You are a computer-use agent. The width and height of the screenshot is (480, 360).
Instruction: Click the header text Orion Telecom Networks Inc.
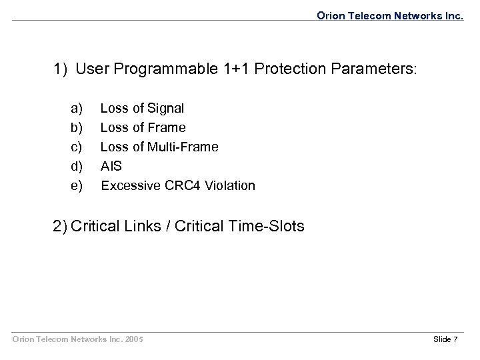pyautogui.click(x=389, y=13)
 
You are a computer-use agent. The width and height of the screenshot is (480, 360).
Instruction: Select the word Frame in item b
pyautogui.click(x=166, y=127)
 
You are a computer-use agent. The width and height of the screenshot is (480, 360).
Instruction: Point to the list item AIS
pyautogui.click(x=110, y=165)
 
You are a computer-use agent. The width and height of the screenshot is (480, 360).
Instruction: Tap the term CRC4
pyautogui.click(x=181, y=185)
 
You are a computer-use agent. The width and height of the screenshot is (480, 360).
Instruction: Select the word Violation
pyautogui.click(x=230, y=185)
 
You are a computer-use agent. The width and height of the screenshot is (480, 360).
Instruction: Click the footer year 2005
pyautogui.click(x=132, y=340)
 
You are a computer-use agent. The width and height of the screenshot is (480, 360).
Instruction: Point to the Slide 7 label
pyautogui.click(x=445, y=340)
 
